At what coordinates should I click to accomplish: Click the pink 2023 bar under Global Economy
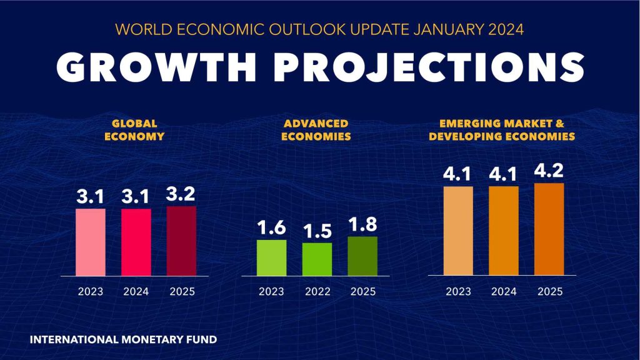(x=91, y=242)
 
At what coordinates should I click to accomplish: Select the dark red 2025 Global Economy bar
(x=181, y=241)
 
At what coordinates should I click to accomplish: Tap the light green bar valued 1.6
(x=272, y=257)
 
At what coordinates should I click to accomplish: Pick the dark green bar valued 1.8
(x=362, y=256)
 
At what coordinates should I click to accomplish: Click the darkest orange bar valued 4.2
(x=549, y=229)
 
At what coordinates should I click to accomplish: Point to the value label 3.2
(x=181, y=194)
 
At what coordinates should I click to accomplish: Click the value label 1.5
(x=317, y=231)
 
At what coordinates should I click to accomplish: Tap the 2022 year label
(x=317, y=292)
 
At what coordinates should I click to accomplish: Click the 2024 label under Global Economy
(x=136, y=292)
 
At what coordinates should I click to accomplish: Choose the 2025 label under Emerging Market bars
(x=549, y=291)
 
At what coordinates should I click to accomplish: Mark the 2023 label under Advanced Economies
(x=272, y=292)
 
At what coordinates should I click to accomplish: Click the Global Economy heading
(x=136, y=129)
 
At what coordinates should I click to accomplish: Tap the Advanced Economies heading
(x=317, y=129)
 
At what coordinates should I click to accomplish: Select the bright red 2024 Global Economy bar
(x=136, y=242)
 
